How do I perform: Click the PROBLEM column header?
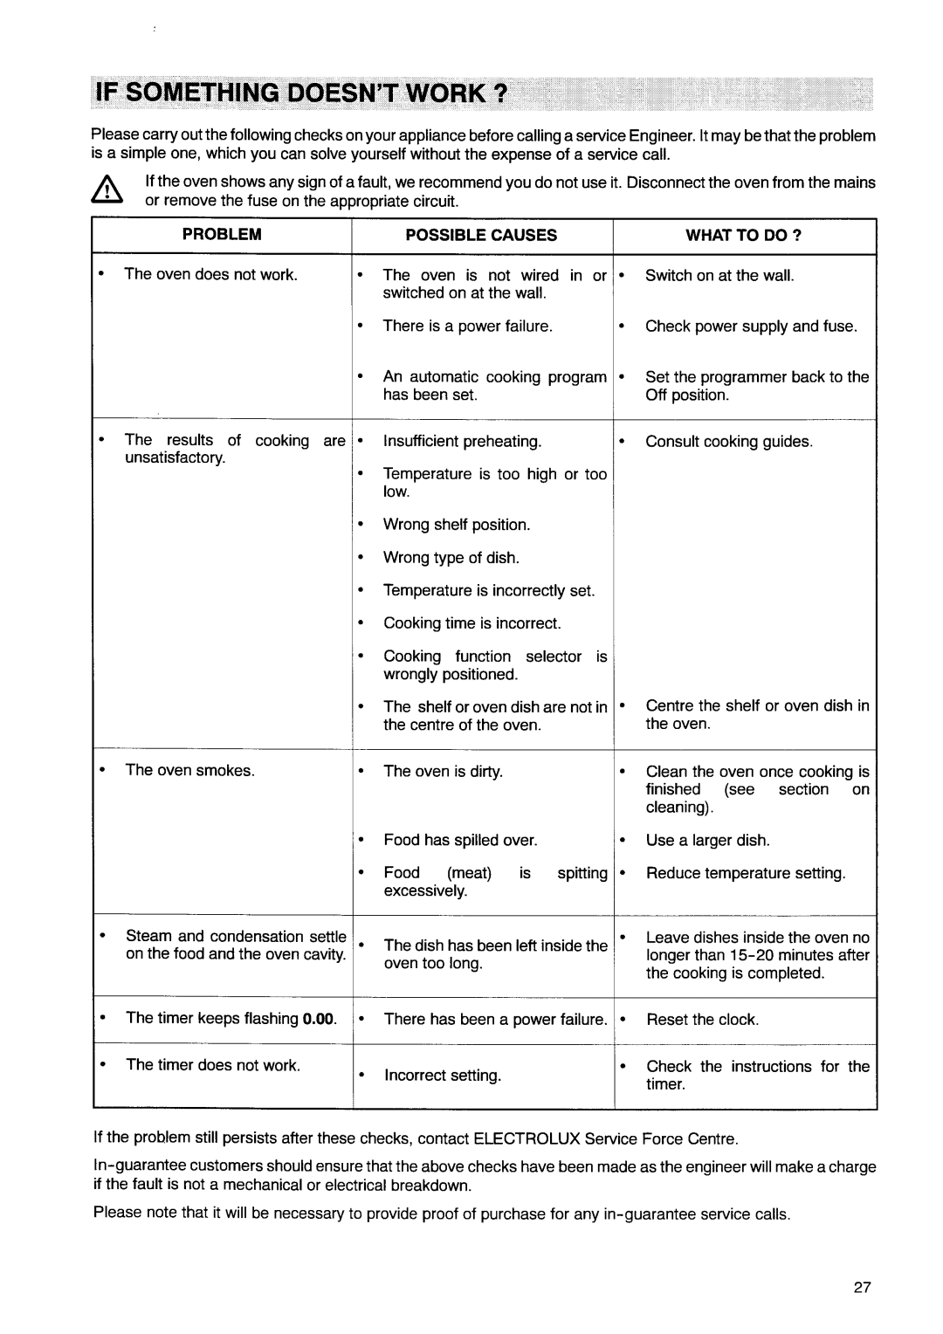pyautogui.click(x=222, y=235)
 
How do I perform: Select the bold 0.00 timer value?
pyautogui.click(x=319, y=1019)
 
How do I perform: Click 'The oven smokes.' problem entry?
pyautogui.click(x=190, y=770)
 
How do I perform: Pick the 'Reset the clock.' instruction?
pyautogui.click(x=703, y=1020)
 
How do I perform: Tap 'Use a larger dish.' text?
pyautogui.click(x=707, y=841)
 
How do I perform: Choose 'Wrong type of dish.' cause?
pyautogui.click(x=451, y=558)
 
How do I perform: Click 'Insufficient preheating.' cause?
pyautogui.click(x=462, y=442)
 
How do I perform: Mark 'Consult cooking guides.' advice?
pyautogui.click(x=729, y=442)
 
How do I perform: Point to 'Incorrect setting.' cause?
pyautogui.click(x=443, y=1076)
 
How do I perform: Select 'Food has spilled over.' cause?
pyautogui.click(x=460, y=841)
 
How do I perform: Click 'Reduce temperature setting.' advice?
pyautogui.click(x=746, y=874)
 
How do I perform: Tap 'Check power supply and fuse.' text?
pyautogui.click(x=751, y=327)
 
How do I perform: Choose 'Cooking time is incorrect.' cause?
pyautogui.click(x=472, y=623)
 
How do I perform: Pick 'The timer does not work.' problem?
pyautogui.click(x=213, y=1065)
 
